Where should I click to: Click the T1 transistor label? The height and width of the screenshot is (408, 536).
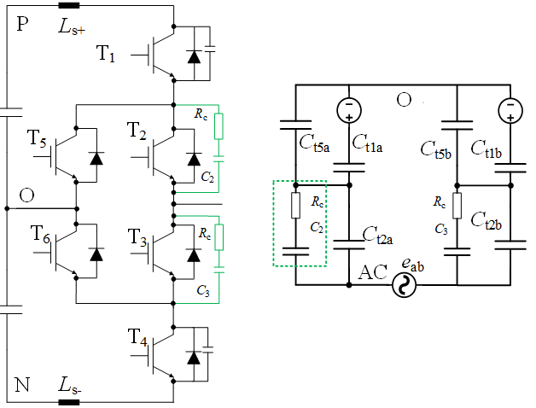(106, 54)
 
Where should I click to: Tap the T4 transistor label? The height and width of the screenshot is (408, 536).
(137, 338)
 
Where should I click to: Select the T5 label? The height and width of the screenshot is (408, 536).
(37, 138)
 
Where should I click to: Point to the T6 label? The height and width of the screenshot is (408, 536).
(40, 234)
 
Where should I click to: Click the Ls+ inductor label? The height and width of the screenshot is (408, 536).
(72, 26)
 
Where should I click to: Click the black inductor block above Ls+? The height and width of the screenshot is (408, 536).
(69, 5)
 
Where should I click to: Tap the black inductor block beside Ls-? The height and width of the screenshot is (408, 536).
(69, 403)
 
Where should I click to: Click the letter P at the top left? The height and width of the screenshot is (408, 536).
(22, 24)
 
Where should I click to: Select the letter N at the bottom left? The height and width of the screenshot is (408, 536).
(22, 385)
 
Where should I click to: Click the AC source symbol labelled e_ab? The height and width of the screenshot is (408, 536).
(404, 285)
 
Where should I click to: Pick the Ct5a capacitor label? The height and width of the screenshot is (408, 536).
(314, 143)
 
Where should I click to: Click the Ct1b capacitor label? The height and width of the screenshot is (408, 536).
(486, 149)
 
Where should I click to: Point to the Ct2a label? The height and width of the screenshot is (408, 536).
(377, 236)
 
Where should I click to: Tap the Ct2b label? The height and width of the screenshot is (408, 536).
(486, 220)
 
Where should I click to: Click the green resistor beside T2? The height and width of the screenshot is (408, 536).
(218, 126)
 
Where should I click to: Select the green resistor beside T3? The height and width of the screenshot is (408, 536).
(218, 237)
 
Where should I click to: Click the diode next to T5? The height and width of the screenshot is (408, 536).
(96, 159)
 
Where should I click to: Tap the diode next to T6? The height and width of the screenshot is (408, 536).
(96, 254)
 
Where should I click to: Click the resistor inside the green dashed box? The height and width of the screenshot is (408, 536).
(295, 205)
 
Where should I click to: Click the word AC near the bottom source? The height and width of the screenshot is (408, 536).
(373, 272)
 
